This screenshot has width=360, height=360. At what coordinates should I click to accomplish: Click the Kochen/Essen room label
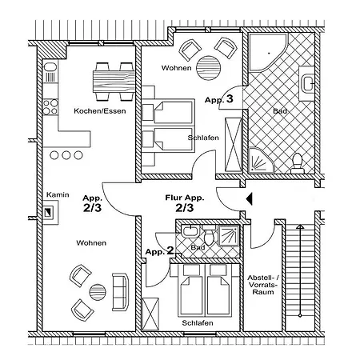100,111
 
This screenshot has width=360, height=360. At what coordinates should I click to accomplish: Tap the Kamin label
58,194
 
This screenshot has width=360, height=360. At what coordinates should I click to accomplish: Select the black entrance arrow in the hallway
249,199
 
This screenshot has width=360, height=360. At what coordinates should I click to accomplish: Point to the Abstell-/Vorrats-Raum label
263,285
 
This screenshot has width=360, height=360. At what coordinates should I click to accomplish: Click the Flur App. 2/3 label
185,203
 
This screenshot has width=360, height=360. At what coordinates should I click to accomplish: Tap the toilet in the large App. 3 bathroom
297,163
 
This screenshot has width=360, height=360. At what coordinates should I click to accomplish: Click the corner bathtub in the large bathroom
268,52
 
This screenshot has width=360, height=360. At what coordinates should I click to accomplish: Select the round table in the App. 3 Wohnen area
209,68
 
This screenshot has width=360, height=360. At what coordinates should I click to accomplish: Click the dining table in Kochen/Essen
114,82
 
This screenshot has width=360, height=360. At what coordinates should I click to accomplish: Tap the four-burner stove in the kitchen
50,107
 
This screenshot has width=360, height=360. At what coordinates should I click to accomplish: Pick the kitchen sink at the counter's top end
50,71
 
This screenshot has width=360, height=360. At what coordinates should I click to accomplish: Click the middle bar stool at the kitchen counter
66,155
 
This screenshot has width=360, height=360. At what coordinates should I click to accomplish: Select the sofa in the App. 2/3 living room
120,292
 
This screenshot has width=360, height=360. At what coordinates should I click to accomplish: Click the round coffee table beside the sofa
98,292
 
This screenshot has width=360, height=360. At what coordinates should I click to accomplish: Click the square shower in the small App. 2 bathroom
229,236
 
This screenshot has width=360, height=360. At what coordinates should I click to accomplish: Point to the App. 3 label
219,99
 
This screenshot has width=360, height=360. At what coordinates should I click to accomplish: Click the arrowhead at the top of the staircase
300,227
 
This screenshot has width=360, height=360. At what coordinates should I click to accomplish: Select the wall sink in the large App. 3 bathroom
307,83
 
